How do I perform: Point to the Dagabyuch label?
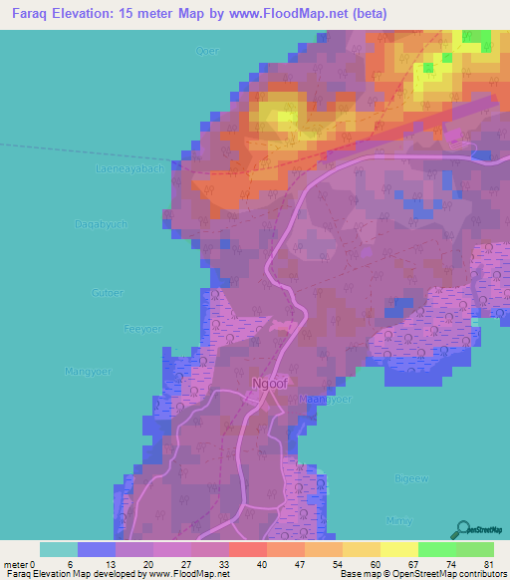[x=102, y=224]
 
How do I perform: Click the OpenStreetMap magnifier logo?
[x=463, y=529]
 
